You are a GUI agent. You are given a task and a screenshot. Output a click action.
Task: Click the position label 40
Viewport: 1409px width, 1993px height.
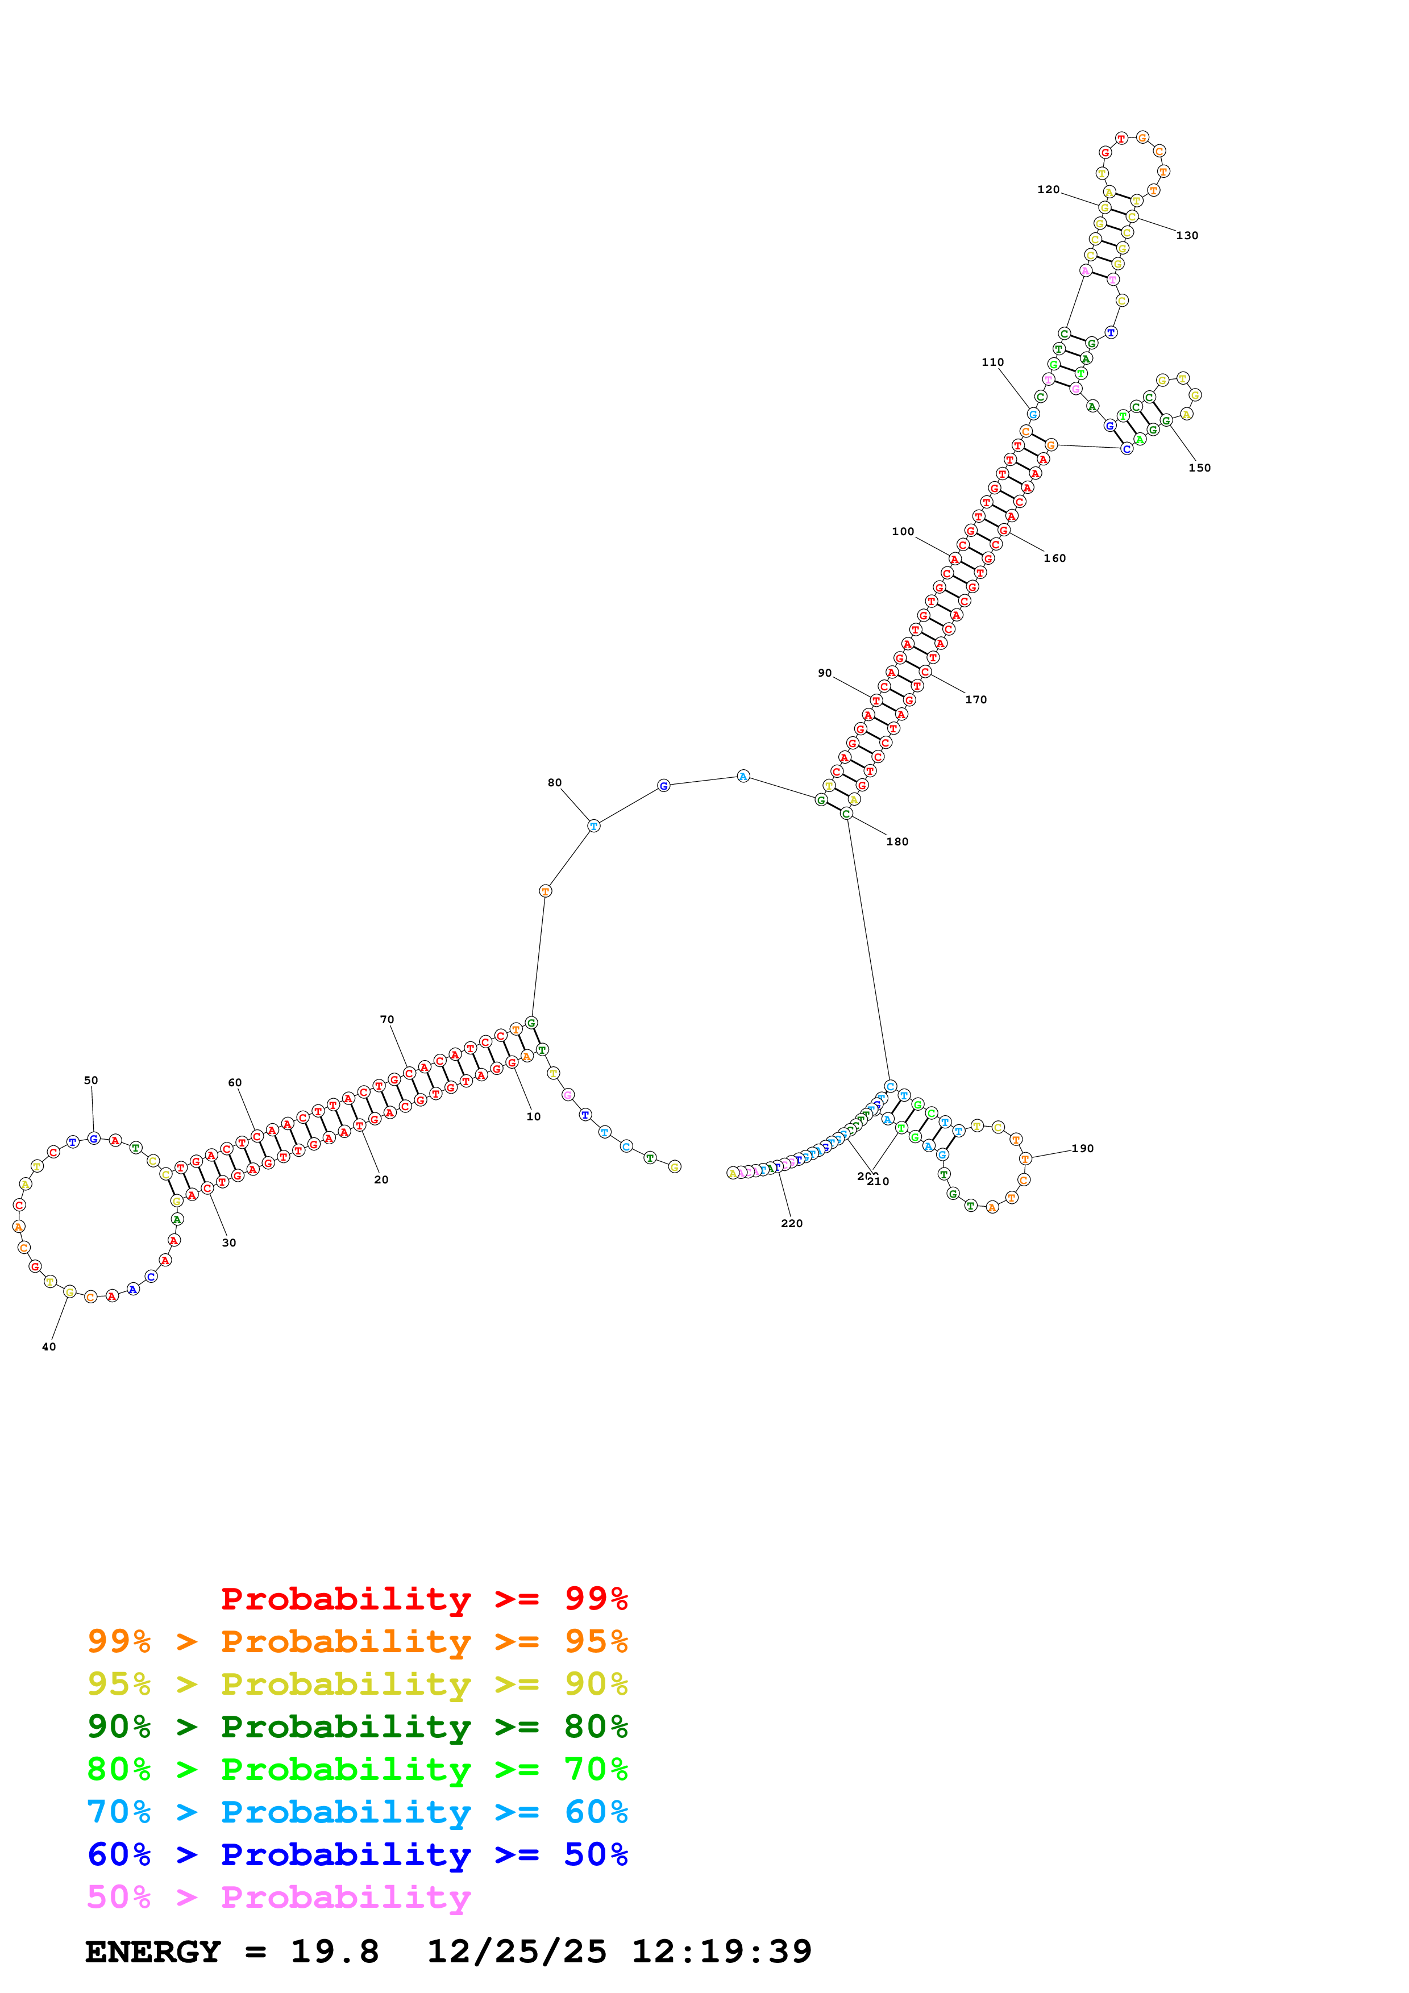click(49, 1346)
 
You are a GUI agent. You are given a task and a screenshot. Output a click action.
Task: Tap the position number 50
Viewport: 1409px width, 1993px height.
click(91, 1080)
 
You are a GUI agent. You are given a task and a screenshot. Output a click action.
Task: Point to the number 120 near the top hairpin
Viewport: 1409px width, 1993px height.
click(1048, 189)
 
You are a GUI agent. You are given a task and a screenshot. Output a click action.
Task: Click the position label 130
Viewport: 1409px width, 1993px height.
click(1187, 235)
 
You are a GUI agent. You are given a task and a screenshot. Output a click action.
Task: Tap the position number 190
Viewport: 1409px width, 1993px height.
click(1082, 1148)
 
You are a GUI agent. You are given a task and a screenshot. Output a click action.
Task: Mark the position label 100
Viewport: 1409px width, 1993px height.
click(903, 531)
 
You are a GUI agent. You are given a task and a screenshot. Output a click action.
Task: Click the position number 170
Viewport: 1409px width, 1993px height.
click(976, 699)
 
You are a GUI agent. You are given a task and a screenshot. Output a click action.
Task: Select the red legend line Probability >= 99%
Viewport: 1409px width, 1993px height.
click(423, 1599)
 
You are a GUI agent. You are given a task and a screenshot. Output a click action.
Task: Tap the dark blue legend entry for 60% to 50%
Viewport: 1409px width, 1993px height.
click(357, 1855)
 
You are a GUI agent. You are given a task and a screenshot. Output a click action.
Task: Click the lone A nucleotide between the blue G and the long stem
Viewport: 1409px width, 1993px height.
click(743, 776)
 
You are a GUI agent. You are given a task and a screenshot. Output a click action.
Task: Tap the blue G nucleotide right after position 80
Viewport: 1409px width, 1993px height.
click(663, 786)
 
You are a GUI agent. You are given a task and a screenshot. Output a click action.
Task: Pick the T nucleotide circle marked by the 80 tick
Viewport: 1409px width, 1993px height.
click(594, 825)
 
